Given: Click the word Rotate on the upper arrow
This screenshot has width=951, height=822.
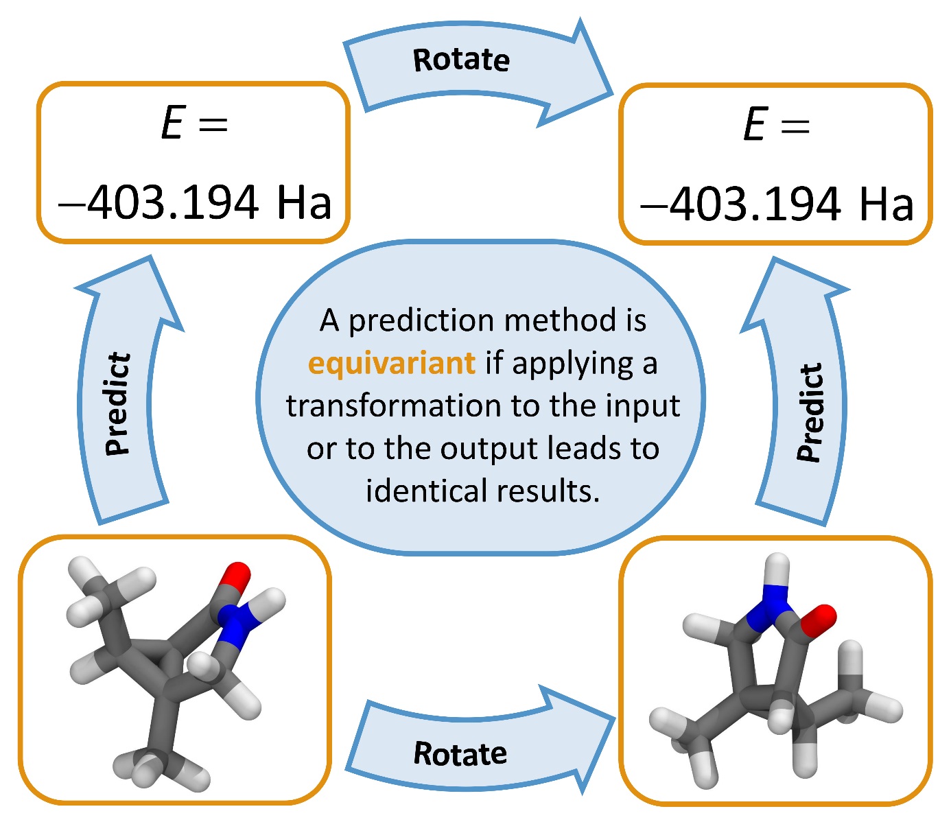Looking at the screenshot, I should tap(461, 60).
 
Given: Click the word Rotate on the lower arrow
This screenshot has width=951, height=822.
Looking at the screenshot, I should tap(460, 753).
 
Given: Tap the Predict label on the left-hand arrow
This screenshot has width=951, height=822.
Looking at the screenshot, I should tap(117, 404).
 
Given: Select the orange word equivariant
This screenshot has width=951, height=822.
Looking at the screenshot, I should tap(392, 363).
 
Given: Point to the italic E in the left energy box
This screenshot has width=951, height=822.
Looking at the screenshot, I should tap(172, 125).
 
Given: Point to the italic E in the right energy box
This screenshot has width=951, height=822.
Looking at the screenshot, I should tap(754, 126).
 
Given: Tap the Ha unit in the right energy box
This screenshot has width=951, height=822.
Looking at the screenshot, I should tap(886, 204).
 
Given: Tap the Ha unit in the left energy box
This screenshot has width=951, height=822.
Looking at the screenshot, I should tap(304, 203).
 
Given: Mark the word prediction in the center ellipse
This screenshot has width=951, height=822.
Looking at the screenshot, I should tap(421, 320).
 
